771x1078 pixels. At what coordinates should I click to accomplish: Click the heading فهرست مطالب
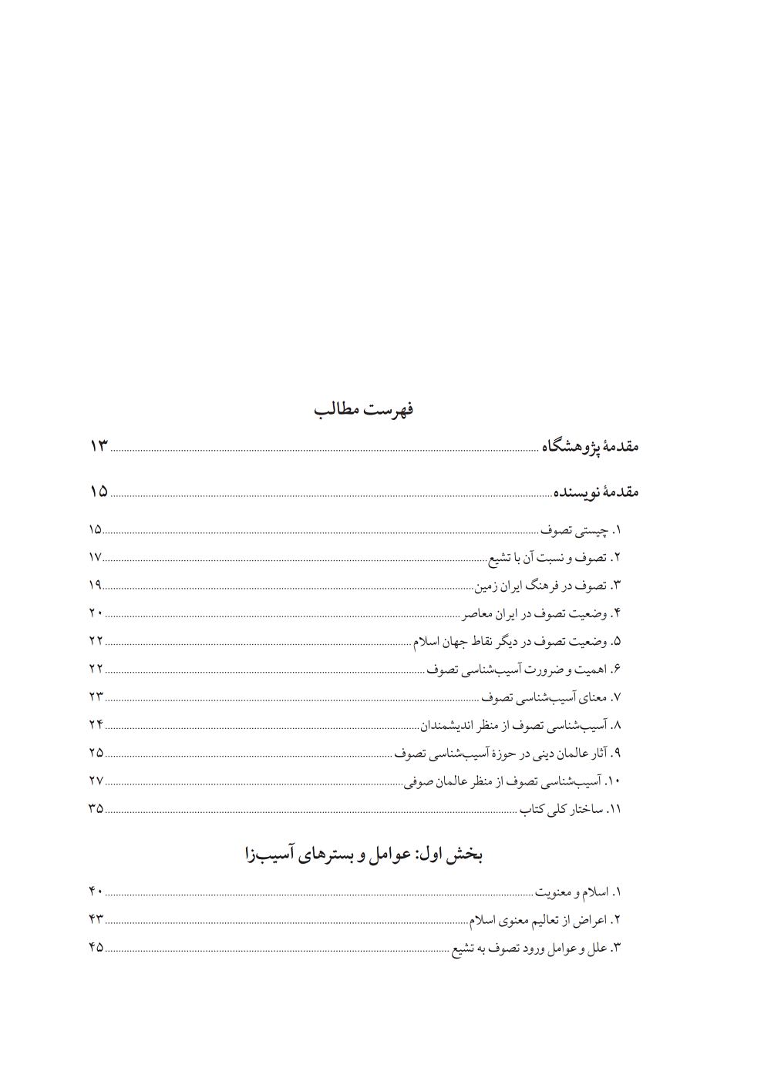[364, 409]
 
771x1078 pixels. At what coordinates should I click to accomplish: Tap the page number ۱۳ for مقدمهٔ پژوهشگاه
[99, 446]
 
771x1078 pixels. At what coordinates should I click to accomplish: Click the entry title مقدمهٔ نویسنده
[595, 492]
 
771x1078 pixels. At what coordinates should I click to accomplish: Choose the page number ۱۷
[96, 557]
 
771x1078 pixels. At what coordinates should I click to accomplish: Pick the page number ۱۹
[96, 585]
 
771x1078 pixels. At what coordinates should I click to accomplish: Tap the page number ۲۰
[96, 613]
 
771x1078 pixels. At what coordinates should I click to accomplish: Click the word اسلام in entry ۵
[428, 641]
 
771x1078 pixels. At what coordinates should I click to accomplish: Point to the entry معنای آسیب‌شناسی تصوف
[545, 697]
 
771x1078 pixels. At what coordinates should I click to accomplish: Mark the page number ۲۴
[96, 724]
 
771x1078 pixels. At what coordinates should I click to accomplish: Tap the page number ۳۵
[96, 808]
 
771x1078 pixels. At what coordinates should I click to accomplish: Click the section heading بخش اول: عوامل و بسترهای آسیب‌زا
[363, 855]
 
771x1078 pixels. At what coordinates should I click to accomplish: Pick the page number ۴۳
[96, 919]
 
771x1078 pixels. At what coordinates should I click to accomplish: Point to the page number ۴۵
[96, 947]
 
